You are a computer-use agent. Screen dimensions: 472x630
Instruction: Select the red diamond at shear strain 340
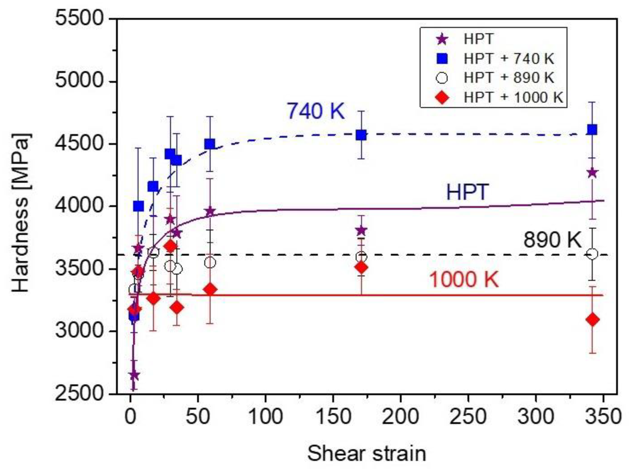pos(592,319)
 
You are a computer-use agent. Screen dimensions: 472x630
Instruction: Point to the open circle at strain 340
pos(592,254)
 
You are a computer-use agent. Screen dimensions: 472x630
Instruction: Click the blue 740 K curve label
pos(315,111)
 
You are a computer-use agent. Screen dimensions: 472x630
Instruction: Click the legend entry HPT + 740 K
pos(509,59)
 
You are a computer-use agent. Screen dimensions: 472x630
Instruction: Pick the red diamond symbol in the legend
pos(442,98)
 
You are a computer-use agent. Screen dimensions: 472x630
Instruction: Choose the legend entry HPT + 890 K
pos(509,78)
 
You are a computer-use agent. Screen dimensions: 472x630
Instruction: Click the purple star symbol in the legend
pos(442,39)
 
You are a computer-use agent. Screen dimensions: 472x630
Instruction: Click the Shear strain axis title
pos(367,453)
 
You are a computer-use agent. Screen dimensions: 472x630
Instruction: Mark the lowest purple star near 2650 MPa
pos(134,376)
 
